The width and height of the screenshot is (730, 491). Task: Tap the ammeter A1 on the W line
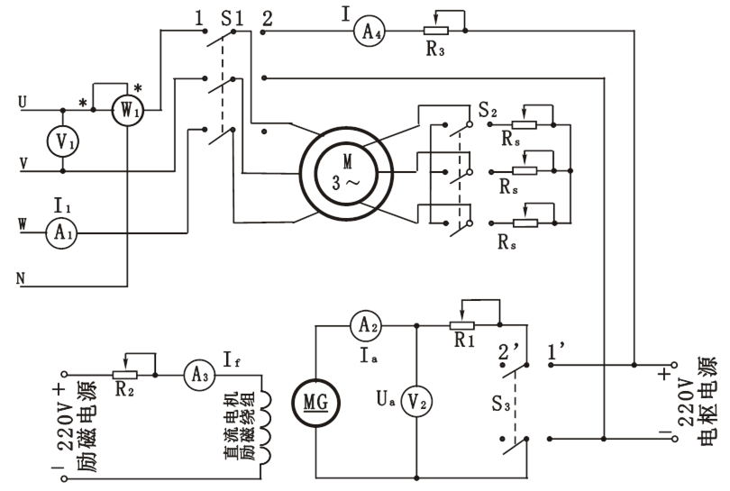[x=61, y=231]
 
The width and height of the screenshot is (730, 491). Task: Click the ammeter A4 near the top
[x=368, y=32]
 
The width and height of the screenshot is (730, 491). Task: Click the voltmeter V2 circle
[x=415, y=399]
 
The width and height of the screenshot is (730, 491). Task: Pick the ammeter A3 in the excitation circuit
[x=195, y=371]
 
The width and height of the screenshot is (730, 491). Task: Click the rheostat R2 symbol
[x=124, y=371]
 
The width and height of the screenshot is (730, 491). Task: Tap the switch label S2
[x=488, y=114]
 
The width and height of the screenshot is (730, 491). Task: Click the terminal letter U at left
[x=20, y=103]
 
